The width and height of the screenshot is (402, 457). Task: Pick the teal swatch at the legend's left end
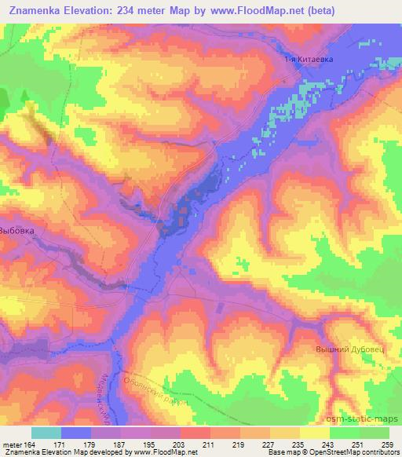46,433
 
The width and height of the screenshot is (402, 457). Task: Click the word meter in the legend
12,444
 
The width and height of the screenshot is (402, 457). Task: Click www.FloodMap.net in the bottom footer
163,452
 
